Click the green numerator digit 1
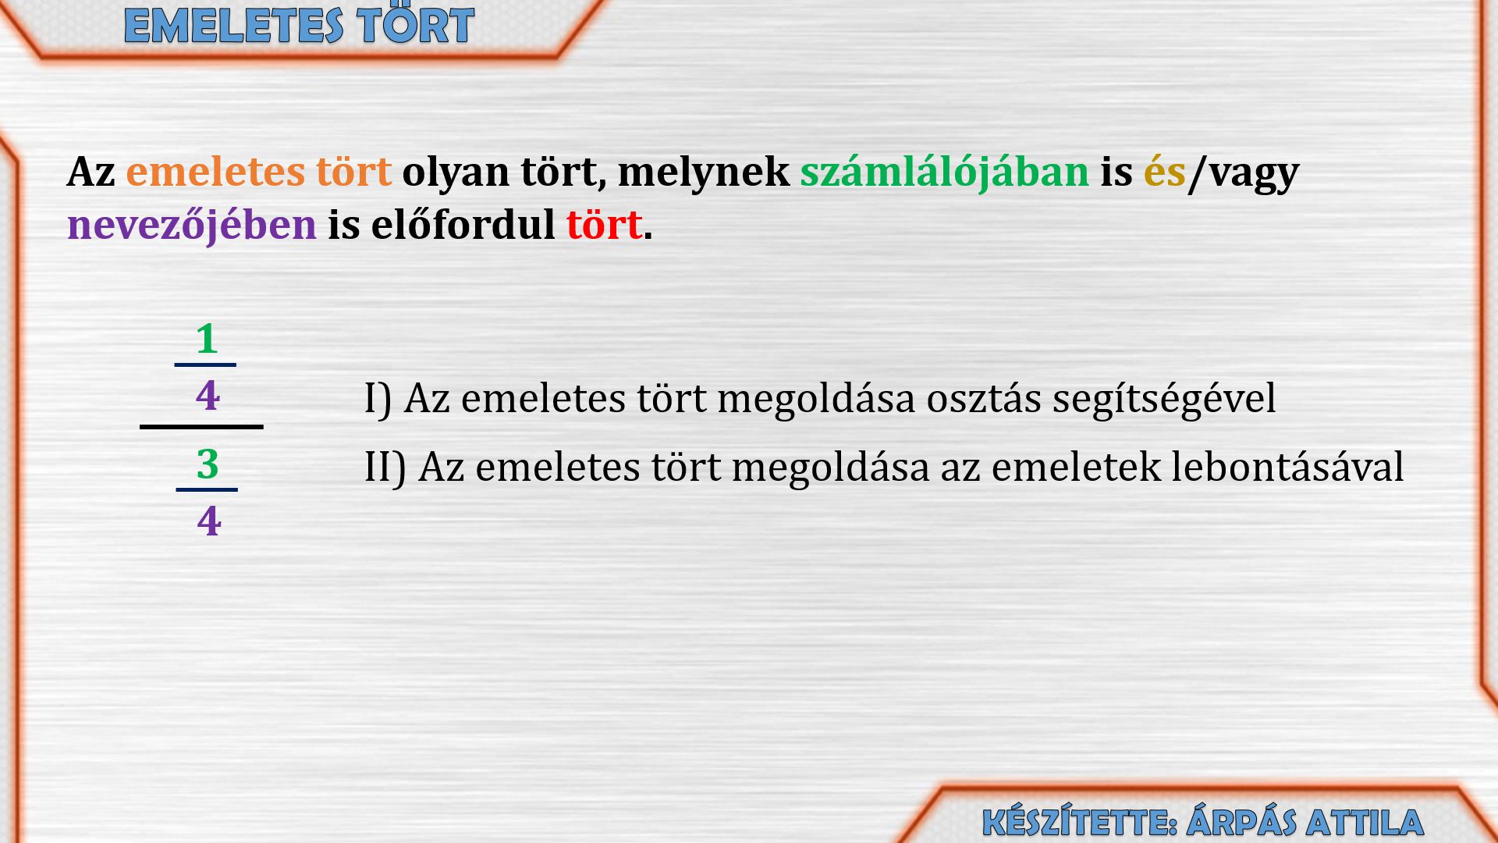[207, 339]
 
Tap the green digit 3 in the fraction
[208, 464]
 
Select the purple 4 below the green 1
[208, 396]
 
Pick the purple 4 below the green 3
[209, 521]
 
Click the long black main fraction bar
[201, 427]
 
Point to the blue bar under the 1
[205, 365]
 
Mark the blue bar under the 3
[207, 489]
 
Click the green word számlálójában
[945, 173]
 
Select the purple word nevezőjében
[192, 226]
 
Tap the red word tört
[605, 225]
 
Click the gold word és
[1165, 172]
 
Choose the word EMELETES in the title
[233, 26]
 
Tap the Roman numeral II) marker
[385, 468]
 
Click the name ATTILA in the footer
[1365, 823]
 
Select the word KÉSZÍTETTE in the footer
[1080, 822]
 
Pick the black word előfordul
[463, 225]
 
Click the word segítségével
[1164, 400]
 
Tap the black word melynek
[704, 172]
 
